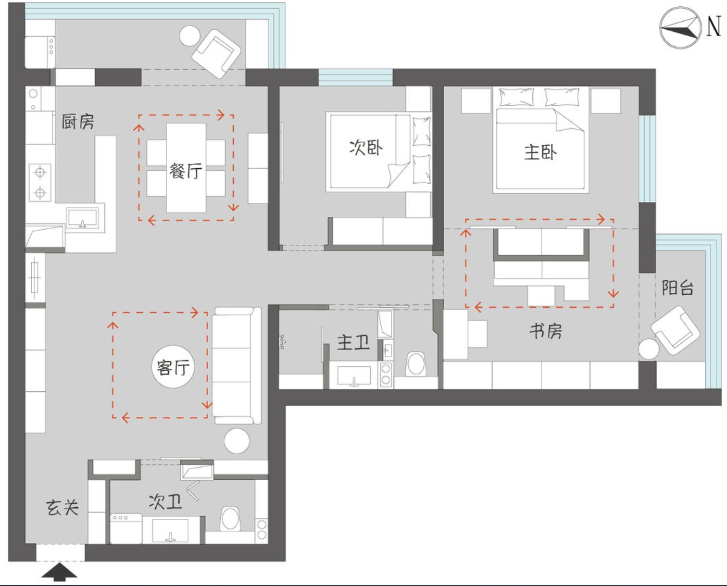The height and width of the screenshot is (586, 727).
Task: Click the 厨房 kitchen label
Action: (78, 122)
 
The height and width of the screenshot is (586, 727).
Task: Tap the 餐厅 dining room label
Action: (186, 171)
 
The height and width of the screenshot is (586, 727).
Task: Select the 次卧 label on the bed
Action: (366, 148)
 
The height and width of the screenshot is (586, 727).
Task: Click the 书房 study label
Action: (546, 331)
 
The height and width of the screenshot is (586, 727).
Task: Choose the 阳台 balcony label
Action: (677, 288)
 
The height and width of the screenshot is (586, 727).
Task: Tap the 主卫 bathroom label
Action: (353, 342)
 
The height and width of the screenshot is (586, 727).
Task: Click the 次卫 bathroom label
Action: (165, 502)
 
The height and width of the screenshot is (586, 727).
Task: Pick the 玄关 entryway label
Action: (63, 508)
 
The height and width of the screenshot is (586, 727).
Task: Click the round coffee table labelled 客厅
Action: (173, 367)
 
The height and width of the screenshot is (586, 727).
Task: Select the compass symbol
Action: (680, 28)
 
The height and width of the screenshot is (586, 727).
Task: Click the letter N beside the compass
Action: (714, 26)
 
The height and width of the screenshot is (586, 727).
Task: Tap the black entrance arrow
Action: (60, 572)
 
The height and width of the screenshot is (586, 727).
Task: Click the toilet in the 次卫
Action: (230, 519)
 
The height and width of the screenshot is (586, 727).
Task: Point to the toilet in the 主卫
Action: (416, 364)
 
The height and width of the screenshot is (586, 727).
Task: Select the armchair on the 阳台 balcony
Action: (676, 330)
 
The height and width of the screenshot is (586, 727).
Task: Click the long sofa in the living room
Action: (237, 365)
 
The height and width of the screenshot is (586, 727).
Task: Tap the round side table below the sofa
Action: (237, 441)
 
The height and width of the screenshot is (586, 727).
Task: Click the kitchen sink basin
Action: (83, 218)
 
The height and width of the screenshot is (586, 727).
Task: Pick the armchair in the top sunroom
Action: (216, 54)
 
